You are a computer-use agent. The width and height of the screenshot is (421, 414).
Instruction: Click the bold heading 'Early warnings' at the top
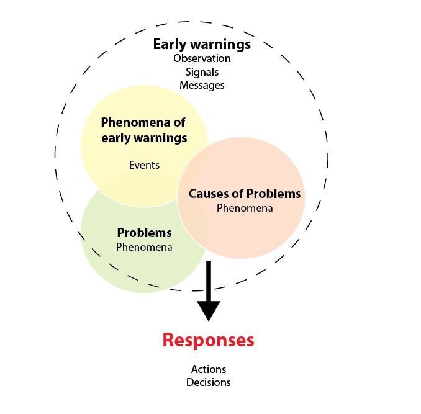click(202, 45)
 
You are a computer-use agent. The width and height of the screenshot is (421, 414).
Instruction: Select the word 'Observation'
click(202, 58)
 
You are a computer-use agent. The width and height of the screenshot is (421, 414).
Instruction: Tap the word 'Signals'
click(202, 72)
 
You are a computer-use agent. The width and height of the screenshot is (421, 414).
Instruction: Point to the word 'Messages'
click(202, 85)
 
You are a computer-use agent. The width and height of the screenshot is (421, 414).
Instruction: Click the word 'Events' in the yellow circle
click(144, 164)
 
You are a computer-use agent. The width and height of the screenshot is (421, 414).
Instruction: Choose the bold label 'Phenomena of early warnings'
click(143, 130)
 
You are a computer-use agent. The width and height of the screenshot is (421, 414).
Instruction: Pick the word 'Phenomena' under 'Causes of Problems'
click(244, 208)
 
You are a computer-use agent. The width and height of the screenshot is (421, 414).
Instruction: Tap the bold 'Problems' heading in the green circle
click(144, 233)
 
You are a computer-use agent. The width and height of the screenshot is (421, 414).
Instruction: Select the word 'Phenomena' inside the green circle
click(144, 246)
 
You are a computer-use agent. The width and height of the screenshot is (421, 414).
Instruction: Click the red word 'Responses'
click(208, 340)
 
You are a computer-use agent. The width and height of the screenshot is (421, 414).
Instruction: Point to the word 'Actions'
click(208, 369)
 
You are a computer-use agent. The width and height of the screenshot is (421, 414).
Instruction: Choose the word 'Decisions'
click(208, 382)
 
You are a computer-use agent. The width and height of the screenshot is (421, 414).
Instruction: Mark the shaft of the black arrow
click(208, 279)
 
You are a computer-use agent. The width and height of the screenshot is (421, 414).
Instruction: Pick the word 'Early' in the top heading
click(171, 45)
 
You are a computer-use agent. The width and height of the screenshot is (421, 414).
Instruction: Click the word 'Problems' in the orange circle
click(274, 194)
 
